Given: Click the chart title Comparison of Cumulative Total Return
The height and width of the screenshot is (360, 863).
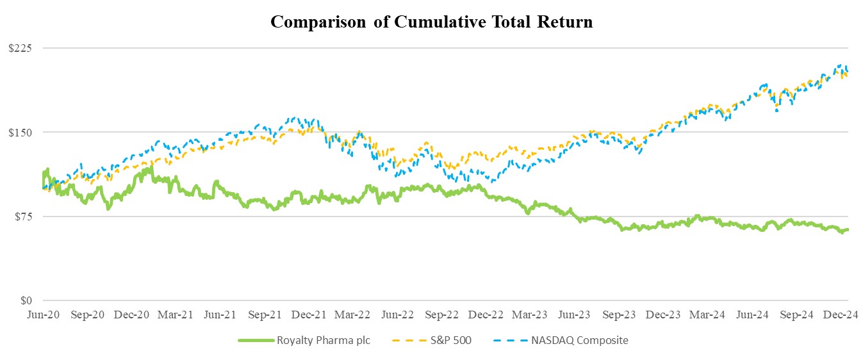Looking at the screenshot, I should [431, 22].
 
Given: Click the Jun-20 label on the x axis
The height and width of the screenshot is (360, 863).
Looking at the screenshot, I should [43, 315].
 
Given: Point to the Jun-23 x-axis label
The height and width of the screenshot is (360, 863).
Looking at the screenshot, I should [574, 315].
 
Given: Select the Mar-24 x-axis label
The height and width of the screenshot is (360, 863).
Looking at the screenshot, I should [707, 315].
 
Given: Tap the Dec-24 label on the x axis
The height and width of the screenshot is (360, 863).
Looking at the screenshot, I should [839, 315].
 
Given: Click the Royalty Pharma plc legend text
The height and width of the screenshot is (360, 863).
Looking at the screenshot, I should [324, 341].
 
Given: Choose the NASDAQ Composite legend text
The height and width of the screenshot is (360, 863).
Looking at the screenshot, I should [579, 341].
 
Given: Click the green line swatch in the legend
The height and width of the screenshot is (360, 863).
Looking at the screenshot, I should [254, 341].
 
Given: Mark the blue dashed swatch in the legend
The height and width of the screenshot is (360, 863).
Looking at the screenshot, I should [509, 341].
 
